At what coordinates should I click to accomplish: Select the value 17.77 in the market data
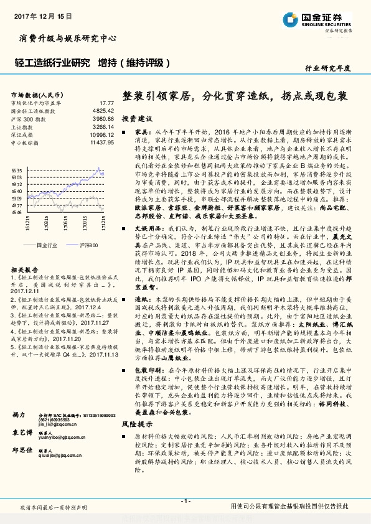point(107,103)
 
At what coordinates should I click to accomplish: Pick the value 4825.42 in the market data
point(103,110)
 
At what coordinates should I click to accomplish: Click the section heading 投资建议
point(136,118)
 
